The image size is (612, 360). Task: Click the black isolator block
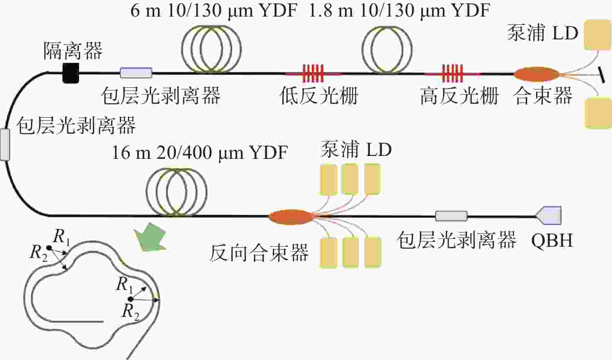point(71,73)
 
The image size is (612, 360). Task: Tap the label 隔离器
point(73,51)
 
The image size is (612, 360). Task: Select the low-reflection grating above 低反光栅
point(313,73)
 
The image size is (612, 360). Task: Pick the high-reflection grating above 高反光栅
point(452,73)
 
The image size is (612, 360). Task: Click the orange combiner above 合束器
point(537,74)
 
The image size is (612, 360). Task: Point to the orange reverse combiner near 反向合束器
point(291,217)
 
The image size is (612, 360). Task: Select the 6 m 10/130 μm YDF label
point(214,11)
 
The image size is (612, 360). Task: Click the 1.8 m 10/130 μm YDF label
point(399,11)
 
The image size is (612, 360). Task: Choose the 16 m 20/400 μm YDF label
point(200,153)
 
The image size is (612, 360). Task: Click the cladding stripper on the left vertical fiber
point(5,145)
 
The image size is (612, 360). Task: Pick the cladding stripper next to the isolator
point(136,73)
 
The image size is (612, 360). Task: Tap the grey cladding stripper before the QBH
point(452,216)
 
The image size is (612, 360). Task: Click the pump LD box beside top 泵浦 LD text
point(597,35)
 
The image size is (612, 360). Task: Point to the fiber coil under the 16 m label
point(177,192)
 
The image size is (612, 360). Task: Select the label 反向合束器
point(259,253)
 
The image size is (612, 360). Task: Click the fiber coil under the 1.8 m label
point(387,50)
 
